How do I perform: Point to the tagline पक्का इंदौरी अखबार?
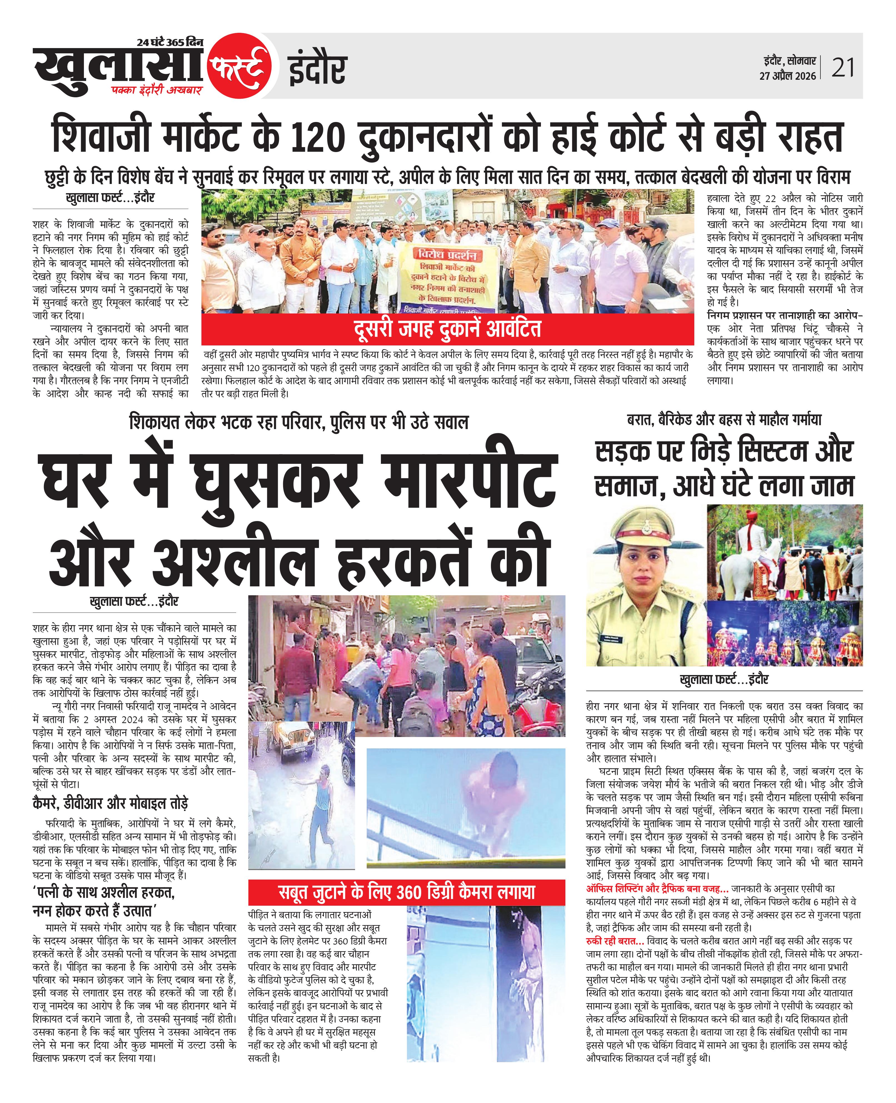[x=158, y=90]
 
